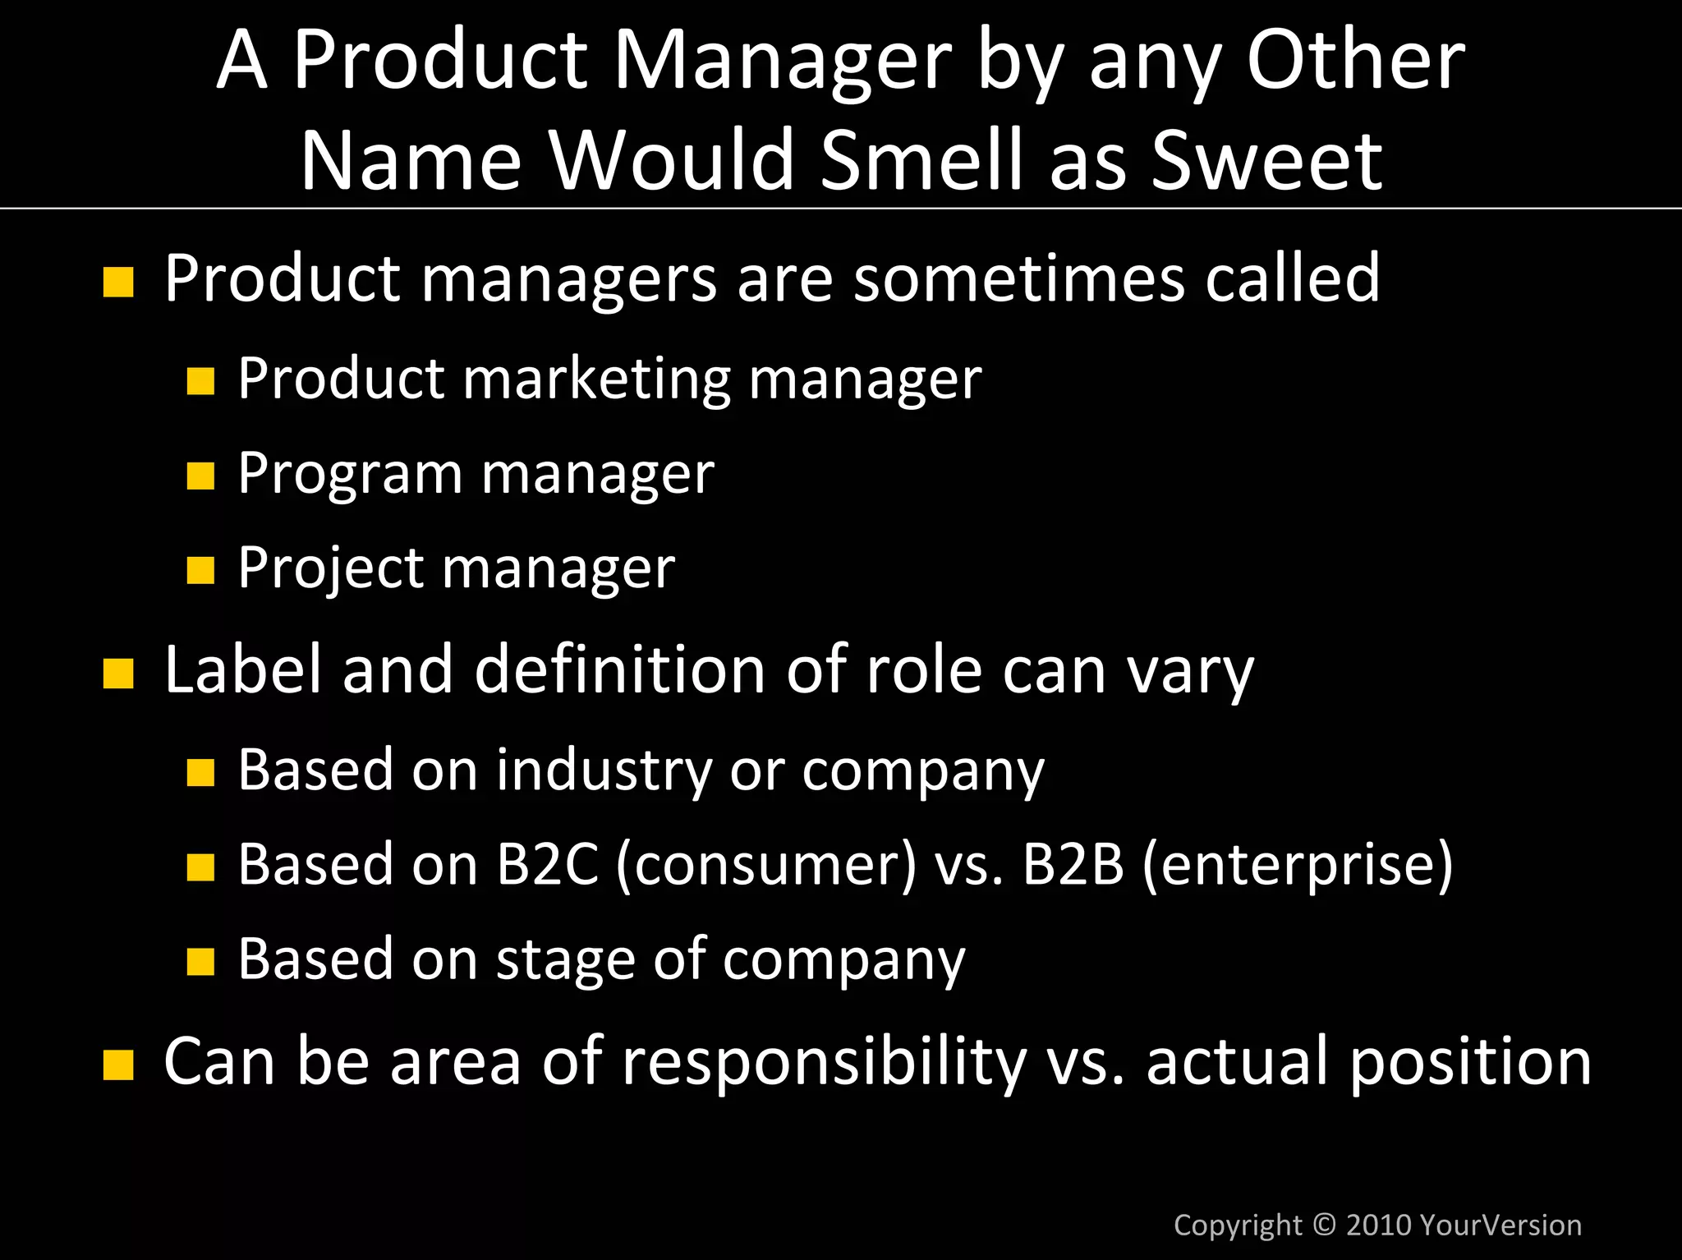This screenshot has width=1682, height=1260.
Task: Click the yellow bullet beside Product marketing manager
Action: pyautogui.click(x=200, y=381)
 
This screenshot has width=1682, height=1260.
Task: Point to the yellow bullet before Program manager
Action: pyautogui.click(x=200, y=476)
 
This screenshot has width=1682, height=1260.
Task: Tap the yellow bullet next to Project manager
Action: pyautogui.click(x=200, y=570)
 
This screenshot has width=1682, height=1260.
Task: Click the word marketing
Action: pyautogui.click(x=596, y=379)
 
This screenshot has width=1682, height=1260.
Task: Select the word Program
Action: pyautogui.click(x=350, y=476)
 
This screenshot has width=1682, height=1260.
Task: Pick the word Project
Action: pyautogui.click(x=330, y=568)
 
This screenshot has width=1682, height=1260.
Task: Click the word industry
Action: pyautogui.click(x=604, y=771)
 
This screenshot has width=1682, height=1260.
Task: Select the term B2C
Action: pyautogui.click(x=547, y=864)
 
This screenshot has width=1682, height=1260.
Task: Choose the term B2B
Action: pyautogui.click(x=1073, y=864)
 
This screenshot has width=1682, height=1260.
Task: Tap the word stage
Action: pyautogui.click(x=566, y=960)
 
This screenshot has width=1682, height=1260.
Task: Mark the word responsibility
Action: pyautogui.click(x=825, y=1062)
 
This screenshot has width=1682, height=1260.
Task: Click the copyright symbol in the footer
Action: pyautogui.click(x=1324, y=1225)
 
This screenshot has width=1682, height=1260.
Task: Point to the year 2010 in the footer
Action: pyautogui.click(x=1379, y=1225)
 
